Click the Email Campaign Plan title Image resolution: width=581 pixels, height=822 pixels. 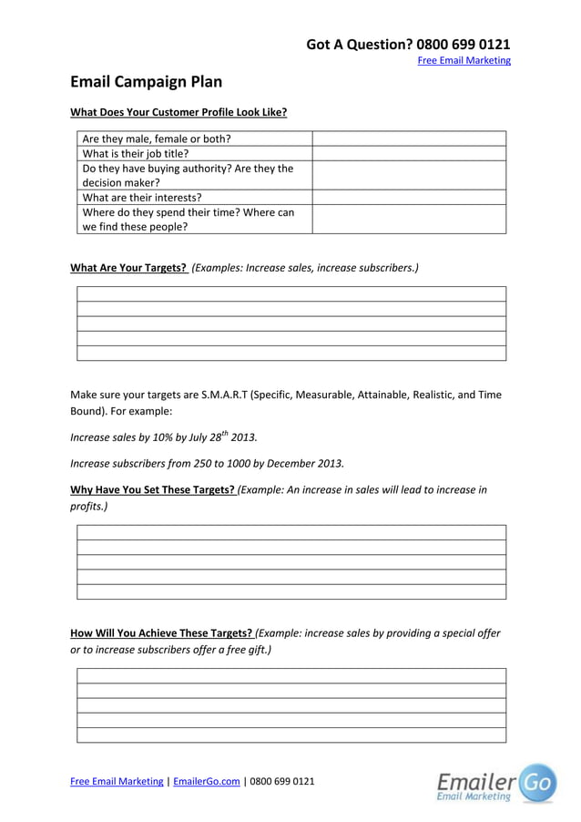coord(146,82)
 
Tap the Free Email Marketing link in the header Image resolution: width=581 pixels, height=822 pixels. coord(464,61)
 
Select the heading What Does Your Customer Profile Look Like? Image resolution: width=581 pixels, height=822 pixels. coord(178,112)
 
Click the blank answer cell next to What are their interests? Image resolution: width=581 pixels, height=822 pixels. coord(409,197)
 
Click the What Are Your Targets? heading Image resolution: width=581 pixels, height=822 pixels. coord(128,268)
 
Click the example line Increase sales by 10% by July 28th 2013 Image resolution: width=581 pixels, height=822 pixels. coord(157,437)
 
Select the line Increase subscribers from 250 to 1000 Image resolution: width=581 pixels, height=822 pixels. coord(207,462)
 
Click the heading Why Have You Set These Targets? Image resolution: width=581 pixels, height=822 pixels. coord(153,489)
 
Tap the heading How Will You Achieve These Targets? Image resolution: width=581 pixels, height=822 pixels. coord(161,632)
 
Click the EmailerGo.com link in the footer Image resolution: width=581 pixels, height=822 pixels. coord(206,781)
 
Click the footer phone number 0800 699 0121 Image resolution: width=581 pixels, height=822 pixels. coord(281,781)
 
